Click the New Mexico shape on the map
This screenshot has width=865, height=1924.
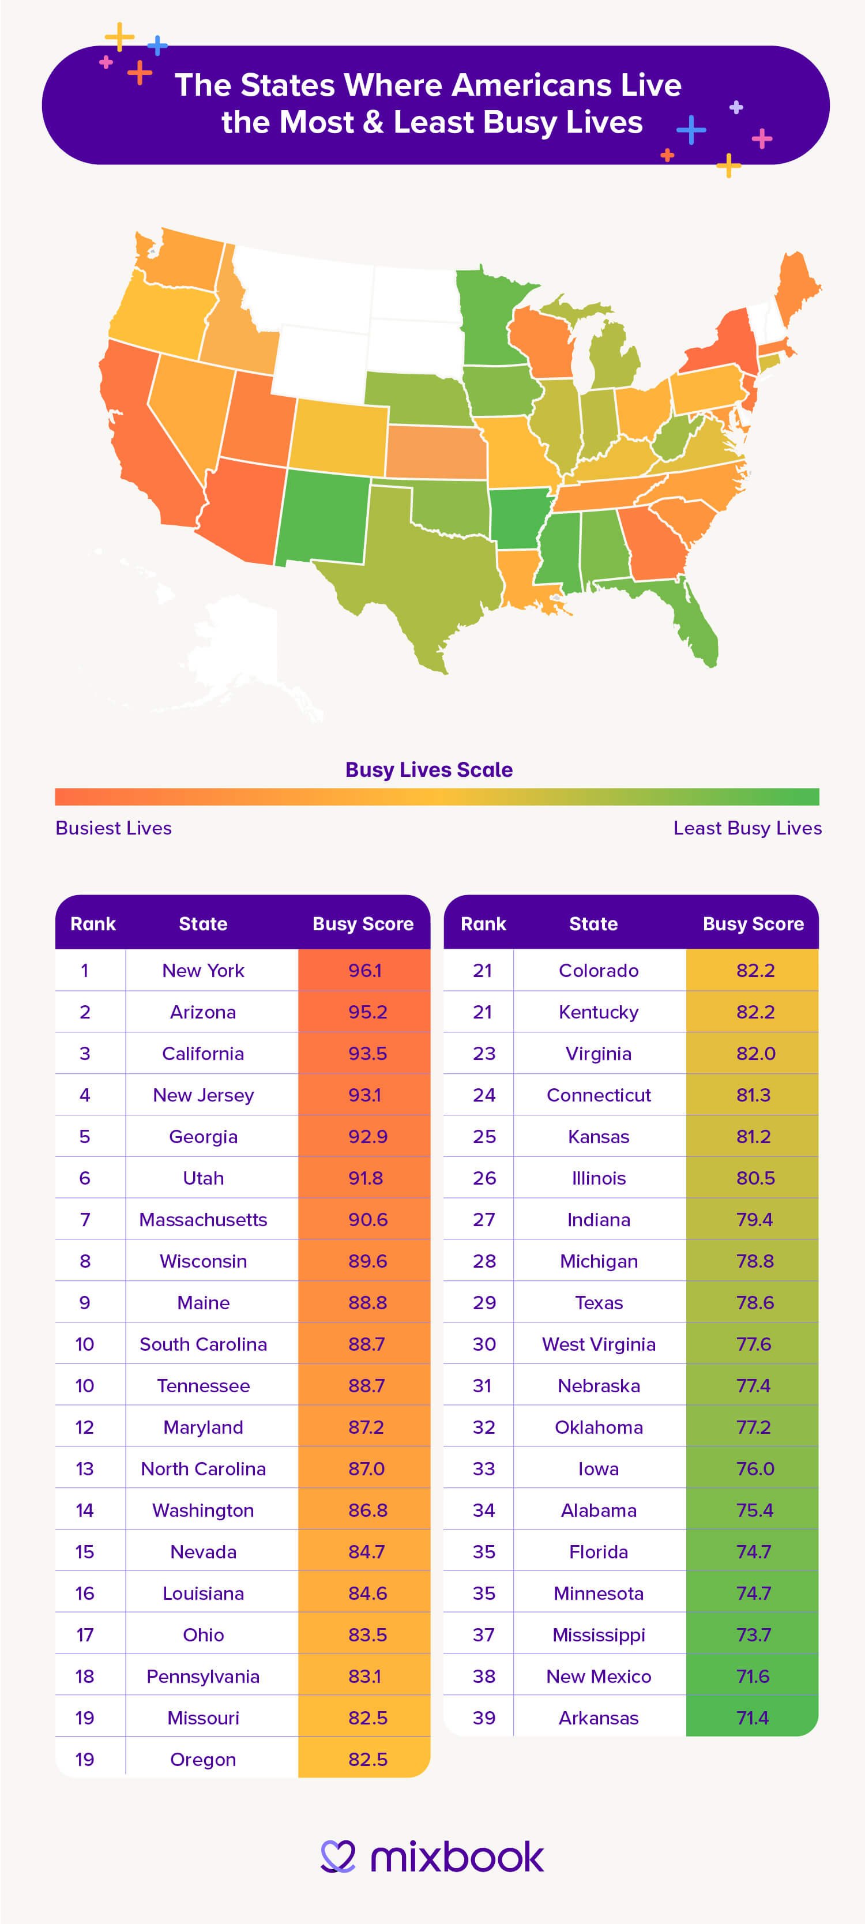click(321, 516)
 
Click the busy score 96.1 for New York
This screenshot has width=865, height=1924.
click(364, 970)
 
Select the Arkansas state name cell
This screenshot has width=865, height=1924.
click(599, 1718)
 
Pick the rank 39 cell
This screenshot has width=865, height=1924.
click(483, 1718)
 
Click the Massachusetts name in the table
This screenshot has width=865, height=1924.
click(203, 1220)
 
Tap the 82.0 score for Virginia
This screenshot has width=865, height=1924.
click(755, 1053)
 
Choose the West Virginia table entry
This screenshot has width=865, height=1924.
click(599, 1344)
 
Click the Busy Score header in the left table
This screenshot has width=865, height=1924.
click(363, 924)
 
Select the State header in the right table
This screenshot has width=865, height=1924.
click(593, 924)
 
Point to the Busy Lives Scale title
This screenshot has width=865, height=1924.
click(429, 770)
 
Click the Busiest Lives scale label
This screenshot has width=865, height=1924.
click(114, 828)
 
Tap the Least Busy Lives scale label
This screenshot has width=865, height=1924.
click(747, 828)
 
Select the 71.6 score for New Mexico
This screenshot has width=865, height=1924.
click(753, 1676)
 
